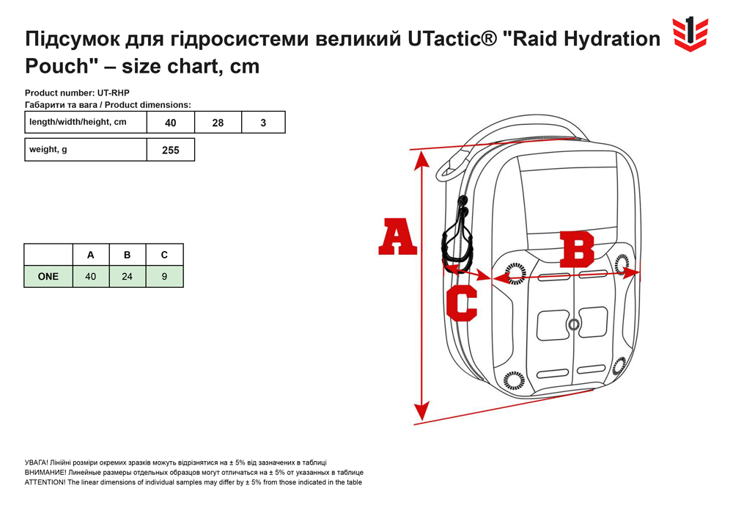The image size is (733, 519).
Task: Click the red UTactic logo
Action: [x=690, y=34]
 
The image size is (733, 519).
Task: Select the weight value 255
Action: [x=171, y=150]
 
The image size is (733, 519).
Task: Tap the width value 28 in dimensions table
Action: [x=218, y=123]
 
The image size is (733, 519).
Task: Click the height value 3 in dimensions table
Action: [x=263, y=123]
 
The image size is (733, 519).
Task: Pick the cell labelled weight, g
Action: [x=86, y=150]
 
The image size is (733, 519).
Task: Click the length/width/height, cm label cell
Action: [x=86, y=122]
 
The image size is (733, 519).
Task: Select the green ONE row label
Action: [x=48, y=277]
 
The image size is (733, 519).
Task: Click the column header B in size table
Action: [x=127, y=255]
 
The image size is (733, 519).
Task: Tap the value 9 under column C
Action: [x=164, y=277]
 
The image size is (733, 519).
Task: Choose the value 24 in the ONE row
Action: [x=127, y=277]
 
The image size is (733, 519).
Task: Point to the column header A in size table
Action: [x=91, y=255]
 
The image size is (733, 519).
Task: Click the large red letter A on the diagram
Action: [x=397, y=237]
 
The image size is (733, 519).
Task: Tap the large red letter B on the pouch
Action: [x=577, y=250]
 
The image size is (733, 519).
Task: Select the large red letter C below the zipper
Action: [x=461, y=302]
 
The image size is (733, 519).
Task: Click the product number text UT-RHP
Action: [x=113, y=92]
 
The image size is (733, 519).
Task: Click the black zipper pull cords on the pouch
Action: [x=457, y=237]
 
